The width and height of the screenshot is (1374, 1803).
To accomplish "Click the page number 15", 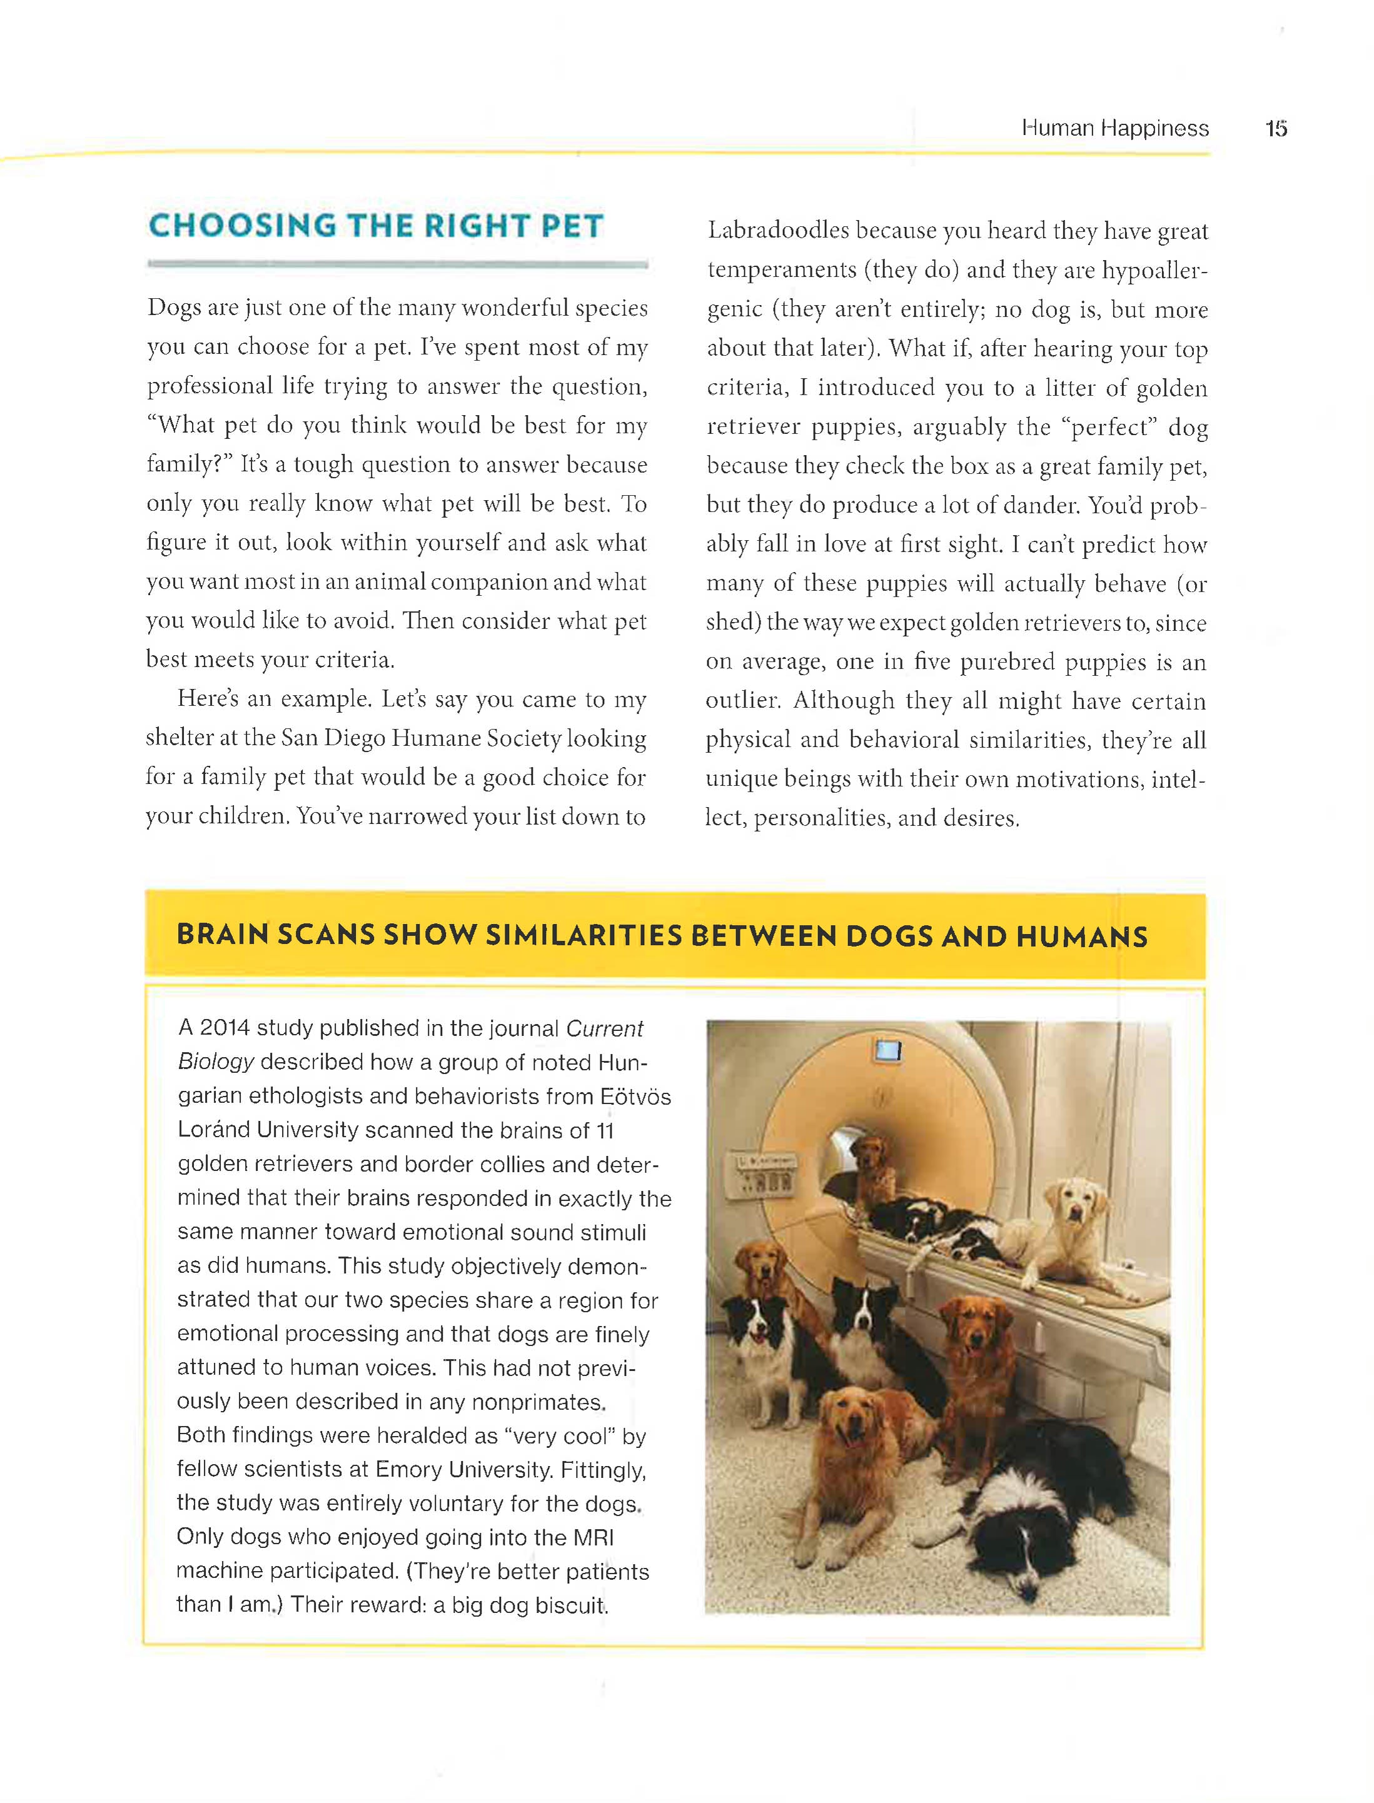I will [1276, 128].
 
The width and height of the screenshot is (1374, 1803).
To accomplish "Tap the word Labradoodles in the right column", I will [778, 231].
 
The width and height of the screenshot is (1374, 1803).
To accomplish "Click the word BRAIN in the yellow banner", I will [223, 934].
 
